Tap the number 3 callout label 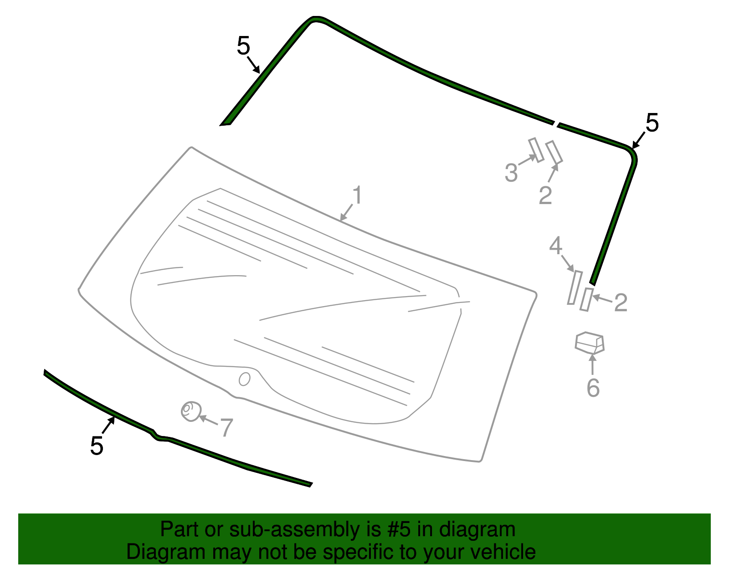[x=511, y=173]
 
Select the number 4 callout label [x=555, y=246]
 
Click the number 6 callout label [x=593, y=388]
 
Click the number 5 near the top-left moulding [x=244, y=46]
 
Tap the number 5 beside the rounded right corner [x=652, y=123]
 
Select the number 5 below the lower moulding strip [x=97, y=446]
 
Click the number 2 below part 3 [x=545, y=195]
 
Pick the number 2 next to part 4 [x=621, y=302]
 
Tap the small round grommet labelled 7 [x=190, y=411]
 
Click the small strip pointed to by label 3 [x=536, y=150]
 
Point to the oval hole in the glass [x=245, y=379]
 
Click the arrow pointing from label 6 [x=592, y=364]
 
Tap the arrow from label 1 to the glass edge [x=346, y=213]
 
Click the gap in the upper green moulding [x=555, y=123]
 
